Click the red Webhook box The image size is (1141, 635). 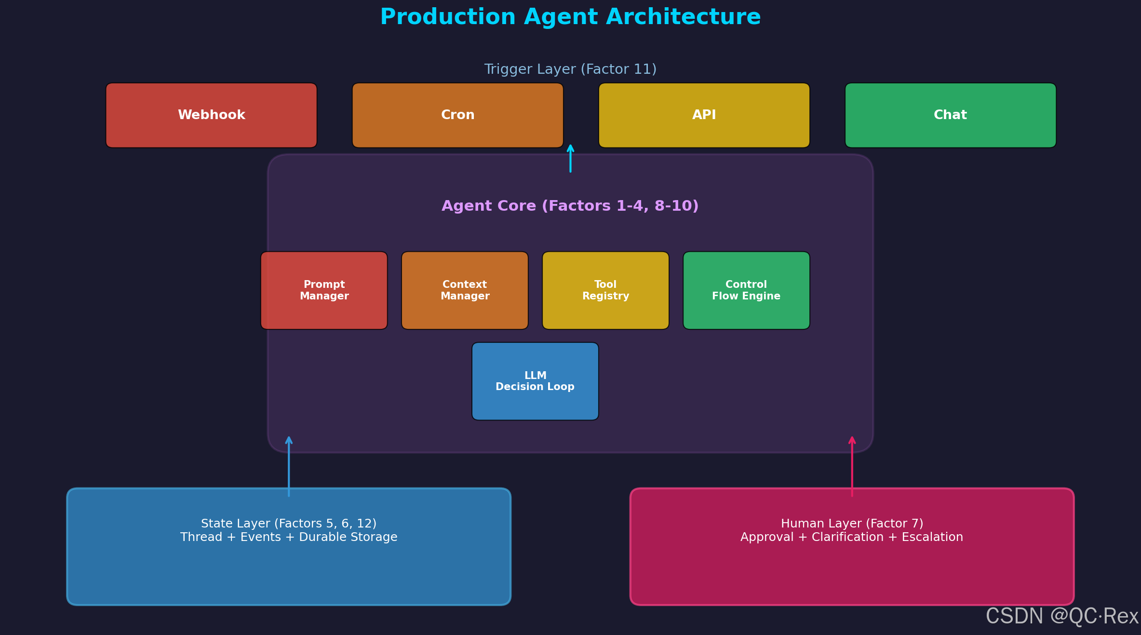211,115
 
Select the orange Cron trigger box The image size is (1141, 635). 457,115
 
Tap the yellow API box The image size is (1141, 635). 704,115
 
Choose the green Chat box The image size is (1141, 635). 950,115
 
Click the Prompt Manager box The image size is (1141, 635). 324,290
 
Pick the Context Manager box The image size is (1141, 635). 465,290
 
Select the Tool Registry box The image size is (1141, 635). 605,290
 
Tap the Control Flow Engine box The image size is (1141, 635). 746,290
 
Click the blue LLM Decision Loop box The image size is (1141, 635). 535,381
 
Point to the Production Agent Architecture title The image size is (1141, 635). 570,17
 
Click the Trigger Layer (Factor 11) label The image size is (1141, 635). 570,69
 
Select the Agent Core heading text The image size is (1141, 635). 570,206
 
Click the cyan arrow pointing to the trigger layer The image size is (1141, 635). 570,158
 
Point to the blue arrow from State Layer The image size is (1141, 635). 289,466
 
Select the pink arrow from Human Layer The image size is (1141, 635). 852,466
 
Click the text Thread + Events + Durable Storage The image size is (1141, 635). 289,537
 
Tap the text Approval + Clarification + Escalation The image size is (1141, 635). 852,537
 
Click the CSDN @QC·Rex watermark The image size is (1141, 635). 1062,616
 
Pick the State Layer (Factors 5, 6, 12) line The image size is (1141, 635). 289,524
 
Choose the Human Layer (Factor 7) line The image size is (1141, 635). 852,524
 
